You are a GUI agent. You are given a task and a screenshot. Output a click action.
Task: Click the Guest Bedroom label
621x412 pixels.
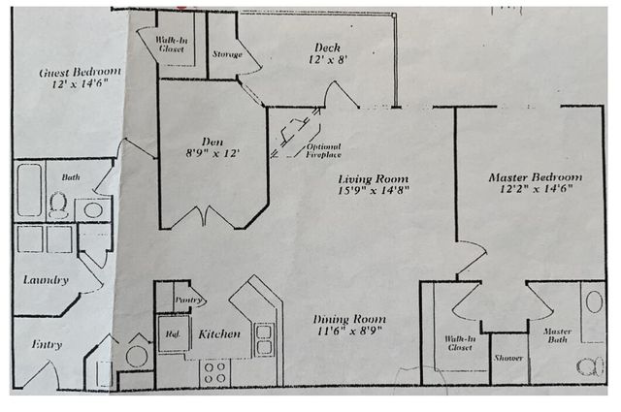[80, 73]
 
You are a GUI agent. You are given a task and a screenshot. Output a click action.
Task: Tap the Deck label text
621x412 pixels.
[326, 48]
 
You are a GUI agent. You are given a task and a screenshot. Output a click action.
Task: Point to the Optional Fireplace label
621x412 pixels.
[323, 151]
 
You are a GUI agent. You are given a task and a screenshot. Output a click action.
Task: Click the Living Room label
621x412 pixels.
[373, 179]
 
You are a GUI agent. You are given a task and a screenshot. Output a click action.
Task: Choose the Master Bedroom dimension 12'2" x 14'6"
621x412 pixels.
[535, 189]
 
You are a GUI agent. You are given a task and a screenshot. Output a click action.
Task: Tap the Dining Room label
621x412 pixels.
[349, 319]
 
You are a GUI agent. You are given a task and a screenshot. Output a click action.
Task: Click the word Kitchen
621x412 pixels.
[219, 334]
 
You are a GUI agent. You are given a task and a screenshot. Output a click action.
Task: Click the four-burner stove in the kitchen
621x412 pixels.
[215, 370]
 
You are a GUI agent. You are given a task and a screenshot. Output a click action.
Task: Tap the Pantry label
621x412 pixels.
[187, 301]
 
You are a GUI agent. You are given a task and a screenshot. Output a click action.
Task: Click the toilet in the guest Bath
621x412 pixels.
[59, 206]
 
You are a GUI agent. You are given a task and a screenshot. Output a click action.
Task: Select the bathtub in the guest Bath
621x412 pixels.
[29, 190]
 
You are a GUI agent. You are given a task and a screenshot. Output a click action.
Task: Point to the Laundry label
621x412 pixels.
[46, 280]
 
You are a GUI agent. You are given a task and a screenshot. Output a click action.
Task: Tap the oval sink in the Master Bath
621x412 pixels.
[594, 302]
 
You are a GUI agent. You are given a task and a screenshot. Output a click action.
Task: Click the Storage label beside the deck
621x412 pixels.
[227, 54]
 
